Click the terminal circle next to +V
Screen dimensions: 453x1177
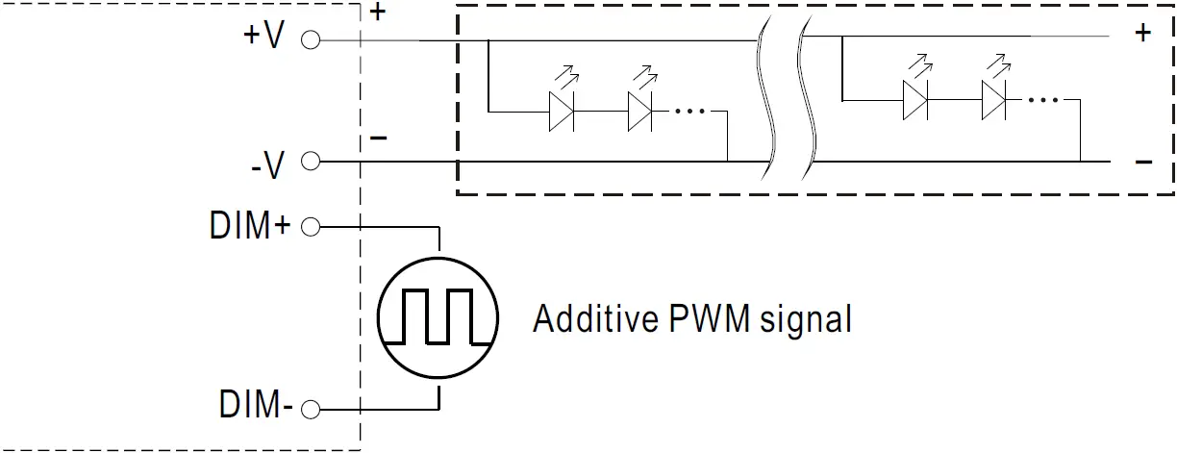(310, 40)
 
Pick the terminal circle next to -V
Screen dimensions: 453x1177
(310, 162)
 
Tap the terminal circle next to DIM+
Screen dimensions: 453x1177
(310, 228)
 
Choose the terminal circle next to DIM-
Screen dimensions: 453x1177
(310, 410)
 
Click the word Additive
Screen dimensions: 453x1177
(594, 317)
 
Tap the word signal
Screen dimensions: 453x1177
(806, 319)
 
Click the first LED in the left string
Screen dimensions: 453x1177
(562, 111)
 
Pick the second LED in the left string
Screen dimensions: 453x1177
(640, 111)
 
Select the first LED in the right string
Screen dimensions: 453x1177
(915, 99)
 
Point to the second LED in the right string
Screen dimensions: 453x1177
(994, 99)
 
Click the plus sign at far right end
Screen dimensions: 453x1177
(1142, 34)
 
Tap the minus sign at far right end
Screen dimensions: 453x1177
(1143, 162)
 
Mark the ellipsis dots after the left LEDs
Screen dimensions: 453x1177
(690, 112)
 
